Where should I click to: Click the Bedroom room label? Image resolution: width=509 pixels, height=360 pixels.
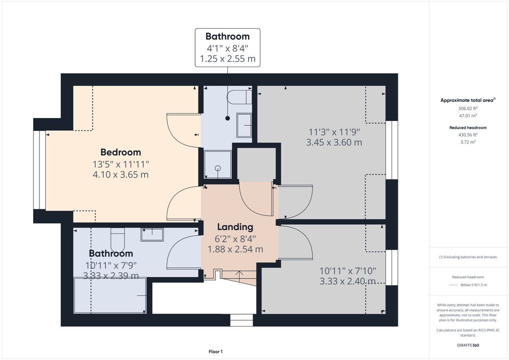[120, 152]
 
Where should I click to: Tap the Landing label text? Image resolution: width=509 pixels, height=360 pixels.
[235, 227]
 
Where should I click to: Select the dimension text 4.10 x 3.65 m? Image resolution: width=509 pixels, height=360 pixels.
[120, 174]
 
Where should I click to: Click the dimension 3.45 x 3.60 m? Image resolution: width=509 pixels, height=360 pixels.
[334, 142]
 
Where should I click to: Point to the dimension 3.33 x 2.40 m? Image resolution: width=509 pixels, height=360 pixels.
[348, 281]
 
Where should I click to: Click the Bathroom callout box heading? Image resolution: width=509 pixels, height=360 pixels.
[227, 37]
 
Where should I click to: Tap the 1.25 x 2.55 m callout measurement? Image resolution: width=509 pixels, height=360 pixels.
[227, 59]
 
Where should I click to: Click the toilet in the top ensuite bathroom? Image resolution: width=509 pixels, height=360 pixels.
[239, 97]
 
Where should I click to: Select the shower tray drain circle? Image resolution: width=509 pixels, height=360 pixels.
[218, 168]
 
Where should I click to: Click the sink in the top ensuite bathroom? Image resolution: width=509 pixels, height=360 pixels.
[244, 126]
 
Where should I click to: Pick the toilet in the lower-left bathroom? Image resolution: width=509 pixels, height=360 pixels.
[117, 240]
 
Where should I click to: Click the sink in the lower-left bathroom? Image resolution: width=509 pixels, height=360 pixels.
[152, 234]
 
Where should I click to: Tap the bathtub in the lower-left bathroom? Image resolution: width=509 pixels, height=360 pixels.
[110, 295]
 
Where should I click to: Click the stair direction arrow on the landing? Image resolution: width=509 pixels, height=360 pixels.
[239, 276]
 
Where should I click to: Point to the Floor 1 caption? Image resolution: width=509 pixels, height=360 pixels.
[215, 352]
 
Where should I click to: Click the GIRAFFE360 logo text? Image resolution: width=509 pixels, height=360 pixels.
[468, 345]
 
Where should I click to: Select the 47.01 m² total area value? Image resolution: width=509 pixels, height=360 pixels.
[468, 115]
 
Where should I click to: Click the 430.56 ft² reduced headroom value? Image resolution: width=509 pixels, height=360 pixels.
[468, 135]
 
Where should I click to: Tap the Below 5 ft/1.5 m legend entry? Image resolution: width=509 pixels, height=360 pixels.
[474, 285]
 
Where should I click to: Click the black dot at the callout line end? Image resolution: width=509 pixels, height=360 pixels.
[227, 118]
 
